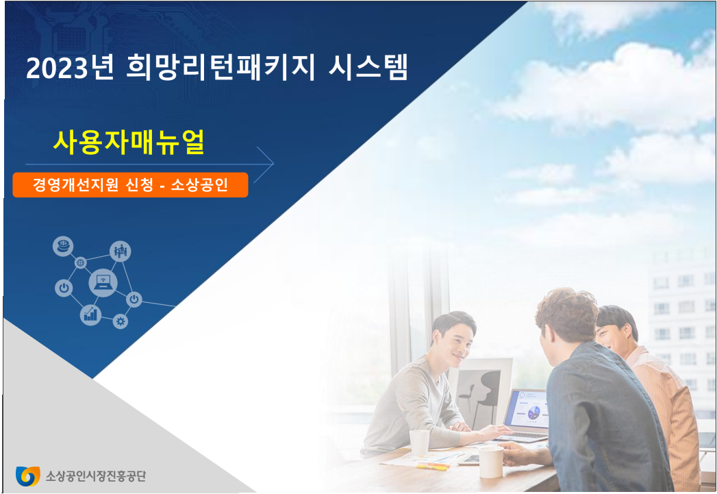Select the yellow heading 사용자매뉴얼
129,142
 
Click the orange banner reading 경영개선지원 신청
130,185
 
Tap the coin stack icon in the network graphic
63,246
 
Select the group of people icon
121,251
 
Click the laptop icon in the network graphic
103,282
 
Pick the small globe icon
80,262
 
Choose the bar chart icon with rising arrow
90,314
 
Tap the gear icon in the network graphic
121,321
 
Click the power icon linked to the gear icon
134,299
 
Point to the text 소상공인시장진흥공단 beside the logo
96,476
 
